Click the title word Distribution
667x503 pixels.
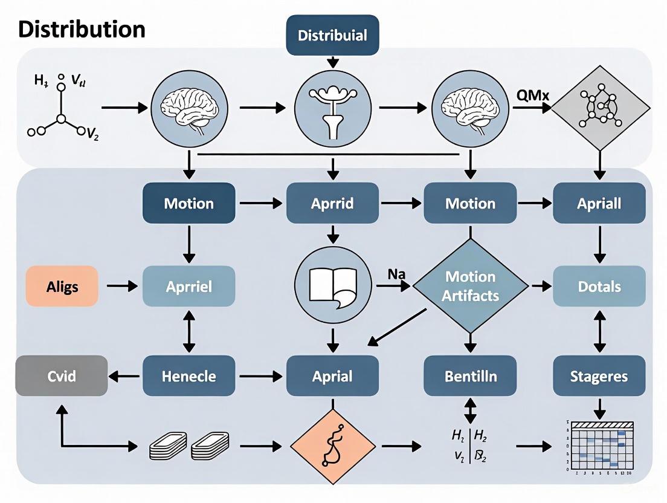click(x=82, y=29)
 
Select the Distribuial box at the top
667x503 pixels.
click(x=332, y=35)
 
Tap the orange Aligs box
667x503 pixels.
click(x=62, y=286)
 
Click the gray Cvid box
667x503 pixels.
click(x=62, y=376)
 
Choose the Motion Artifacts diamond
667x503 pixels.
click(x=471, y=286)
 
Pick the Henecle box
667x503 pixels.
click(x=188, y=376)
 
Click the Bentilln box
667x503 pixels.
click(x=471, y=376)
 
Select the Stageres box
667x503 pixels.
click(x=599, y=376)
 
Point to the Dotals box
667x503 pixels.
click(x=599, y=286)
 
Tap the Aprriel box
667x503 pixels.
click(x=188, y=286)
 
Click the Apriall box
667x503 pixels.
click(x=599, y=203)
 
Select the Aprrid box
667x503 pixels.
click(x=332, y=203)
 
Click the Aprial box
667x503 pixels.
click(x=332, y=376)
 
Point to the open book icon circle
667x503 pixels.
click(x=332, y=285)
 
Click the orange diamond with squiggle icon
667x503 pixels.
click(x=332, y=447)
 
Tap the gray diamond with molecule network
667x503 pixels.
click(x=600, y=108)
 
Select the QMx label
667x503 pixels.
click(x=532, y=95)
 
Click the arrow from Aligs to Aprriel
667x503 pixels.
click(x=122, y=286)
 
